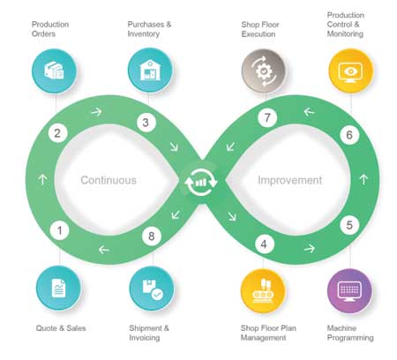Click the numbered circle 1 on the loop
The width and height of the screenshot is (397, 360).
pyautogui.click(x=60, y=230)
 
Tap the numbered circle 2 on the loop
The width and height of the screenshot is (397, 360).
pyautogui.click(x=58, y=133)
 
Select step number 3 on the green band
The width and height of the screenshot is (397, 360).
pyautogui.click(x=146, y=123)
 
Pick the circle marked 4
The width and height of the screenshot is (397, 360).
pyautogui.click(x=265, y=244)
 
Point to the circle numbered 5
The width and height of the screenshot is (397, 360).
pyautogui.click(x=349, y=225)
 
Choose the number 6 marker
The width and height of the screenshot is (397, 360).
pyautogui.click(x=349, y=135)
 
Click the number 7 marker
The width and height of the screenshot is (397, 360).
pyautogui.click(x=267, y=117)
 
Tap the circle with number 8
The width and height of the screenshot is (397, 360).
pyautogui.click(x=152, y=236)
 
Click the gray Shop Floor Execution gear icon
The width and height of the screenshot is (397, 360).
pyautogui.click(x=264, y=71)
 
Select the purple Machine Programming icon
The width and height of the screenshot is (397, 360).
pyautogui.click(x=349, y=290)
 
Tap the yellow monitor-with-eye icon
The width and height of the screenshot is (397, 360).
pyautogui.click(x=350, y=71)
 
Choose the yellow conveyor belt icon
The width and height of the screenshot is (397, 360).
pyautogui.click(x=263, y=290)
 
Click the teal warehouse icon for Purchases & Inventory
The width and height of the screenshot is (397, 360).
pyautogui.click(x=150, y=71)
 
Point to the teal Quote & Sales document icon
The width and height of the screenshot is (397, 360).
pyautogui.click(x=58, y=288)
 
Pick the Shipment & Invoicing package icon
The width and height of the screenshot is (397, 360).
pyautogui.click(x=152, y=289)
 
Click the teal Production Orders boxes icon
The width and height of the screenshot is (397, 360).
pyautogui.click(x=54, y=71)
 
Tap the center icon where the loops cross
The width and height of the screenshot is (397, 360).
pyautogui.click(x=201, y=183)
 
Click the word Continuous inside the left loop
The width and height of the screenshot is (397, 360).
pyautogui.click(x=109, y=180)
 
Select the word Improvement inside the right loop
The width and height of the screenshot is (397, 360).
pyautogui.click(x=290, y=180)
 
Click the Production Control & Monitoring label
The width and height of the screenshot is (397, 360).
pyautogui.click(x=345, y=25)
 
